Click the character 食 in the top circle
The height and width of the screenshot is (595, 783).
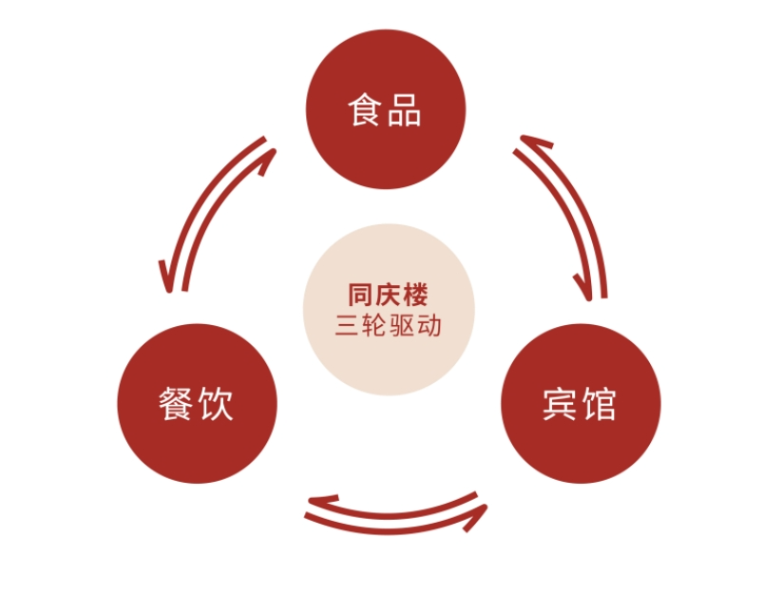[365, 109]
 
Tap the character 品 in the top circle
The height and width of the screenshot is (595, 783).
[405, 109]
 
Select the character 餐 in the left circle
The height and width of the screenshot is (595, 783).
[176, 403]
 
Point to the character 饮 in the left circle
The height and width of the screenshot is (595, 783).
[216, 403]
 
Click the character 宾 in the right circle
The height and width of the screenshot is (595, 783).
[561, 404]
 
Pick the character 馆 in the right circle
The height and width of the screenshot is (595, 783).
[600, 404]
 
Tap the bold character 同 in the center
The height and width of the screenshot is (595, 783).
[360, 295]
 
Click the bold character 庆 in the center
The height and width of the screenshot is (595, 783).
[388, 295]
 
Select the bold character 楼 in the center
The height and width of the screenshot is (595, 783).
[416, 295]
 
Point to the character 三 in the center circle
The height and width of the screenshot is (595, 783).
[348, 326]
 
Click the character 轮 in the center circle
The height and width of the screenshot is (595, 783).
[374, 326]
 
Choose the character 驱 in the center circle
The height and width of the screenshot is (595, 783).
[402, 326]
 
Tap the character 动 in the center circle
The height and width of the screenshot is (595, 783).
[429, 326]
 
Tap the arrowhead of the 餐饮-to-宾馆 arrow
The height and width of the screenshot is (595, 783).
[478, 515]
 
